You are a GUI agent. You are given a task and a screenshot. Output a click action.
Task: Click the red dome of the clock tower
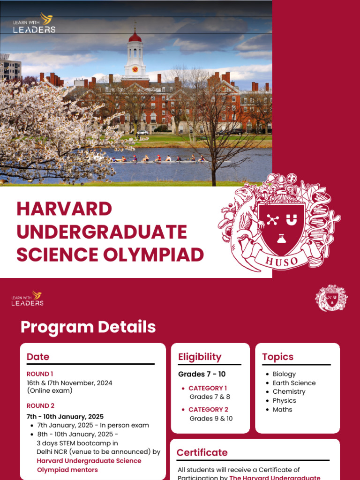click(x=135, y=37)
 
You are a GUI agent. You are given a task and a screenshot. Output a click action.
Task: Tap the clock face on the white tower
click(x=135, y=69)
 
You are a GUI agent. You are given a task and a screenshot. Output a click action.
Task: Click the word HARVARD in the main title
click(x=64, y=209)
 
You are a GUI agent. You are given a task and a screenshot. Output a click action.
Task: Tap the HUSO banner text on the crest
click(x=281, y=260)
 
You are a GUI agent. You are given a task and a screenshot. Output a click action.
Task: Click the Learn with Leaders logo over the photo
click(x=34, y=23)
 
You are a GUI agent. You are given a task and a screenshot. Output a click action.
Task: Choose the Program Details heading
click(x=88, y=327)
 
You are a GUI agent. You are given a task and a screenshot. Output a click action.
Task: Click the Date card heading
click(x=38, y=357)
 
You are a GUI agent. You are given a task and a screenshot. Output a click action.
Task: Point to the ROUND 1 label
click(x=40, y=374)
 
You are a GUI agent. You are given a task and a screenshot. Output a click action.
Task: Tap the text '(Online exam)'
click(x=50, y=390)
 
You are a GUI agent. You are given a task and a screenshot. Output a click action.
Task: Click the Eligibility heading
click(x=200, y=357)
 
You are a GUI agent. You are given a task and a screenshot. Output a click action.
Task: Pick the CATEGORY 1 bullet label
click(x=208, y=388)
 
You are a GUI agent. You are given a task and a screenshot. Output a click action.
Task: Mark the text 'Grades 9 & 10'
click(x=211, y=419)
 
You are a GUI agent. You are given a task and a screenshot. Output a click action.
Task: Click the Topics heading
click(x=278, y=357)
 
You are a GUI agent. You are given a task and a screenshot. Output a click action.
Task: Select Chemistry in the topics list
click(x=289, y=392)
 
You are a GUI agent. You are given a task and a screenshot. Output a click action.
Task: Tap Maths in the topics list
click(x=282, y=410)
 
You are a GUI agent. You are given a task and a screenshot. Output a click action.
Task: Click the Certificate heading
click(x=202, y=452)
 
